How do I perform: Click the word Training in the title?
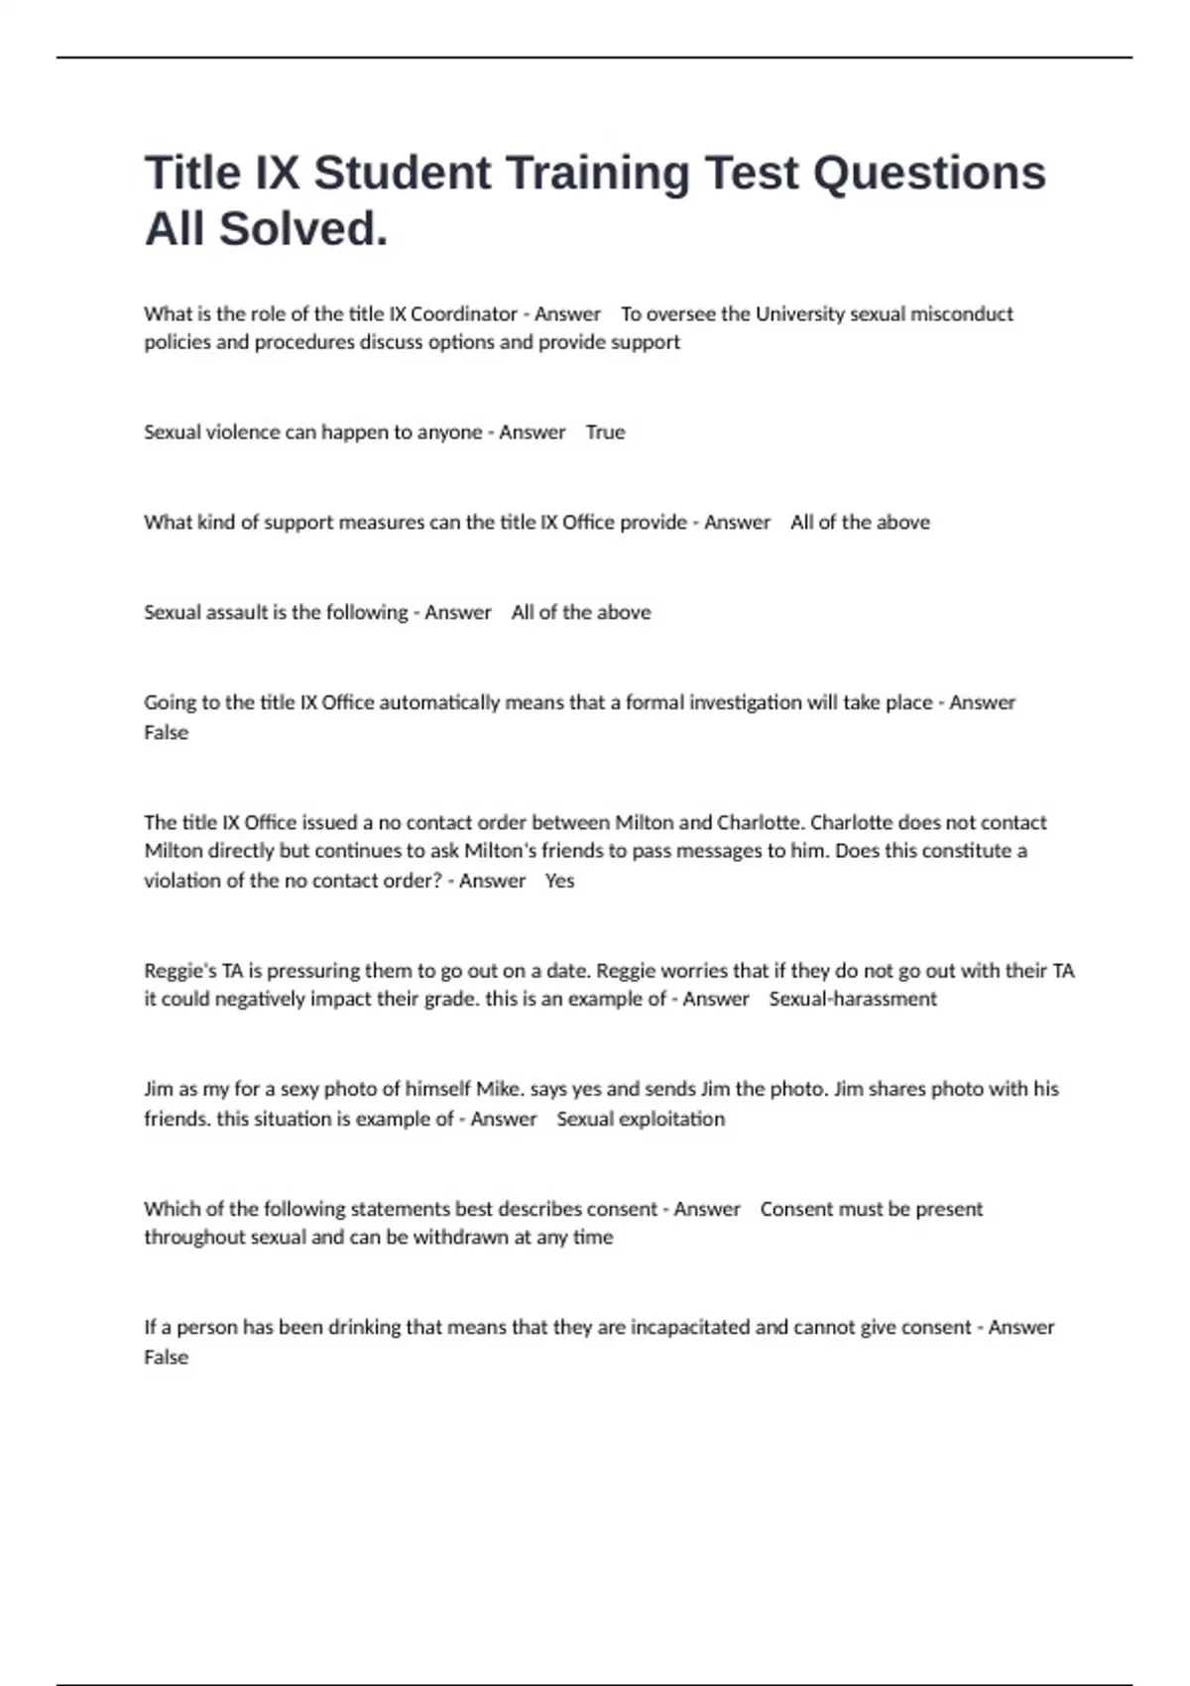click(x=598, y=173)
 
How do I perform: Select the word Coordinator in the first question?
click(x=464, y=314)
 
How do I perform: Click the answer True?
click(x=605, y=432)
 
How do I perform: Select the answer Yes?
click(x=559, y=881)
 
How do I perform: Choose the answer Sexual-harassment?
click(x=853, y=1000)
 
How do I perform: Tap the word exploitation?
click(x=672, y=1119)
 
